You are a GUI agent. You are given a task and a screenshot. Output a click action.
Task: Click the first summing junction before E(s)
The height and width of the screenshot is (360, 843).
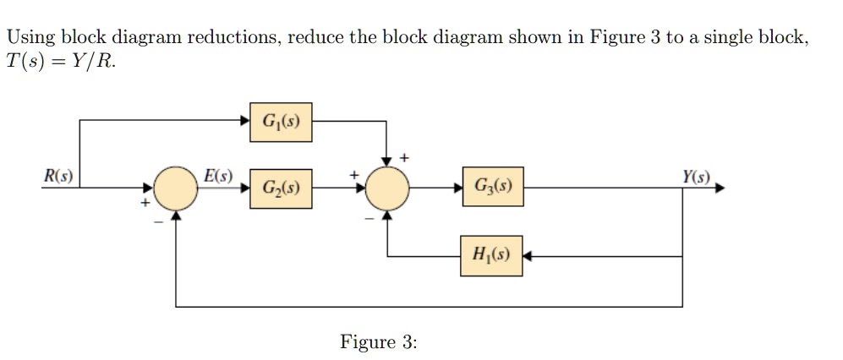[176, 188]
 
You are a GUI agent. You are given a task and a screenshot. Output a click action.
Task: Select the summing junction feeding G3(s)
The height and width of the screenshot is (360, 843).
[387, 188]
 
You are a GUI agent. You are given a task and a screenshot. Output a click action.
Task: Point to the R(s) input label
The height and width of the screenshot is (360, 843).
[58, 177]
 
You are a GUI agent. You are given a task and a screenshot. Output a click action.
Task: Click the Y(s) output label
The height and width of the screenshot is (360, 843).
[698, 177]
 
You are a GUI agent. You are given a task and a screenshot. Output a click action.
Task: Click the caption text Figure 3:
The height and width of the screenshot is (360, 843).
[378, 341]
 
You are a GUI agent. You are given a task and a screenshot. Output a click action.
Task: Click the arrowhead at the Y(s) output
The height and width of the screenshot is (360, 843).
[720, 188]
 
